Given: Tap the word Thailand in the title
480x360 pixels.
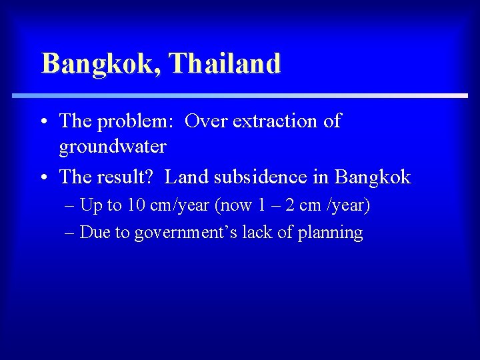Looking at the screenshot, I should (x=225, y=64).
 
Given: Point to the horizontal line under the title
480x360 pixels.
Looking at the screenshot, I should (x=240, y=96).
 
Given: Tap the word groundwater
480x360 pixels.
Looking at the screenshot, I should (x=113, y=145).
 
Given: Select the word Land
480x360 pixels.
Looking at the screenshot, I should (x=184, y=177).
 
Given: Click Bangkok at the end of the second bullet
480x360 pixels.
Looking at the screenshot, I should (x=373, y=177).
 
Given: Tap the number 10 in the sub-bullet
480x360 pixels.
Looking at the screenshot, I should (x=136, y=205).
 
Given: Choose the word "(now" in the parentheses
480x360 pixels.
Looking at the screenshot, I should (x=231, y=205).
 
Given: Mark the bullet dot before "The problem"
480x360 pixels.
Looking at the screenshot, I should (x=43, y=122).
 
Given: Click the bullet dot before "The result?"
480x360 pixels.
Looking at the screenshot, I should (x=43, y=178).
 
